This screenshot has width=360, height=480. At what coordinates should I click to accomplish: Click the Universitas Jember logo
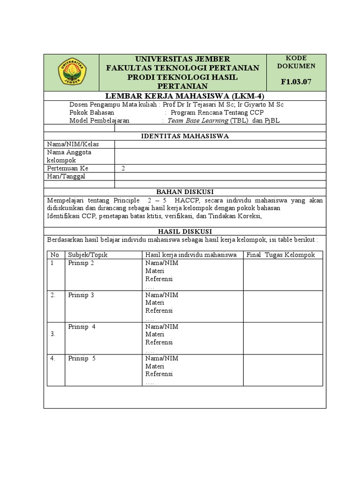pos(72,72)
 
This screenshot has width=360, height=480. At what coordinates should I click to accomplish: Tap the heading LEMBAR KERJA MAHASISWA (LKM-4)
pos(185,96)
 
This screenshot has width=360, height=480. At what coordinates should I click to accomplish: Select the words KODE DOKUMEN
pos(296,62)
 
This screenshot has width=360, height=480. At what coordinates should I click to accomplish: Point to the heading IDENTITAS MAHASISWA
pos(185,136)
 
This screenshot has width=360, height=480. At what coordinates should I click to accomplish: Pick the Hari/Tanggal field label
pos(66,176)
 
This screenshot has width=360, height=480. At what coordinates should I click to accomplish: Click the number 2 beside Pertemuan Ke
pos(123,168)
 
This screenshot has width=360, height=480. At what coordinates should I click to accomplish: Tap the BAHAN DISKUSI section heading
pos(185,192)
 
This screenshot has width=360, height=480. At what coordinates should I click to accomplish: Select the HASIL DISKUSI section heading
pos(185,232)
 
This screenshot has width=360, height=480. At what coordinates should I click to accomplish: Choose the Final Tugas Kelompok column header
pos(281,255)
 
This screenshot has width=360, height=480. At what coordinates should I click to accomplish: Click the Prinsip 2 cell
pos(81,263)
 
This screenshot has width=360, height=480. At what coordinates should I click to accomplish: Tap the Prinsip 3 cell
pos(81,295)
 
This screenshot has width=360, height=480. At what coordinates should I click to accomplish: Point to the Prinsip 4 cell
pos(82,327)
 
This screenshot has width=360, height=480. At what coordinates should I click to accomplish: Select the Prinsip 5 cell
pos(82,359)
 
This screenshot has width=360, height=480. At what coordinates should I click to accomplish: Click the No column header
pos(54,255)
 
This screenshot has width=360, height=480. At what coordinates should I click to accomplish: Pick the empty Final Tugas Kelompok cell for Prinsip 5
pos(283,370)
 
